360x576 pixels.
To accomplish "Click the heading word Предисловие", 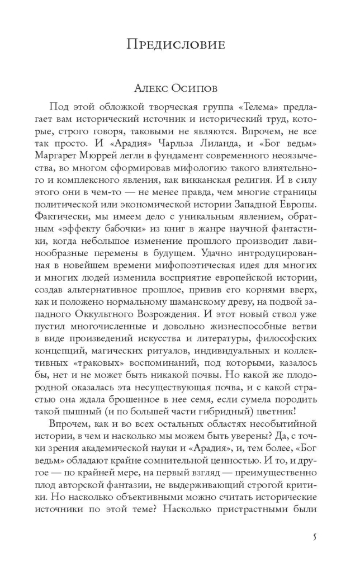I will point(176,44).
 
